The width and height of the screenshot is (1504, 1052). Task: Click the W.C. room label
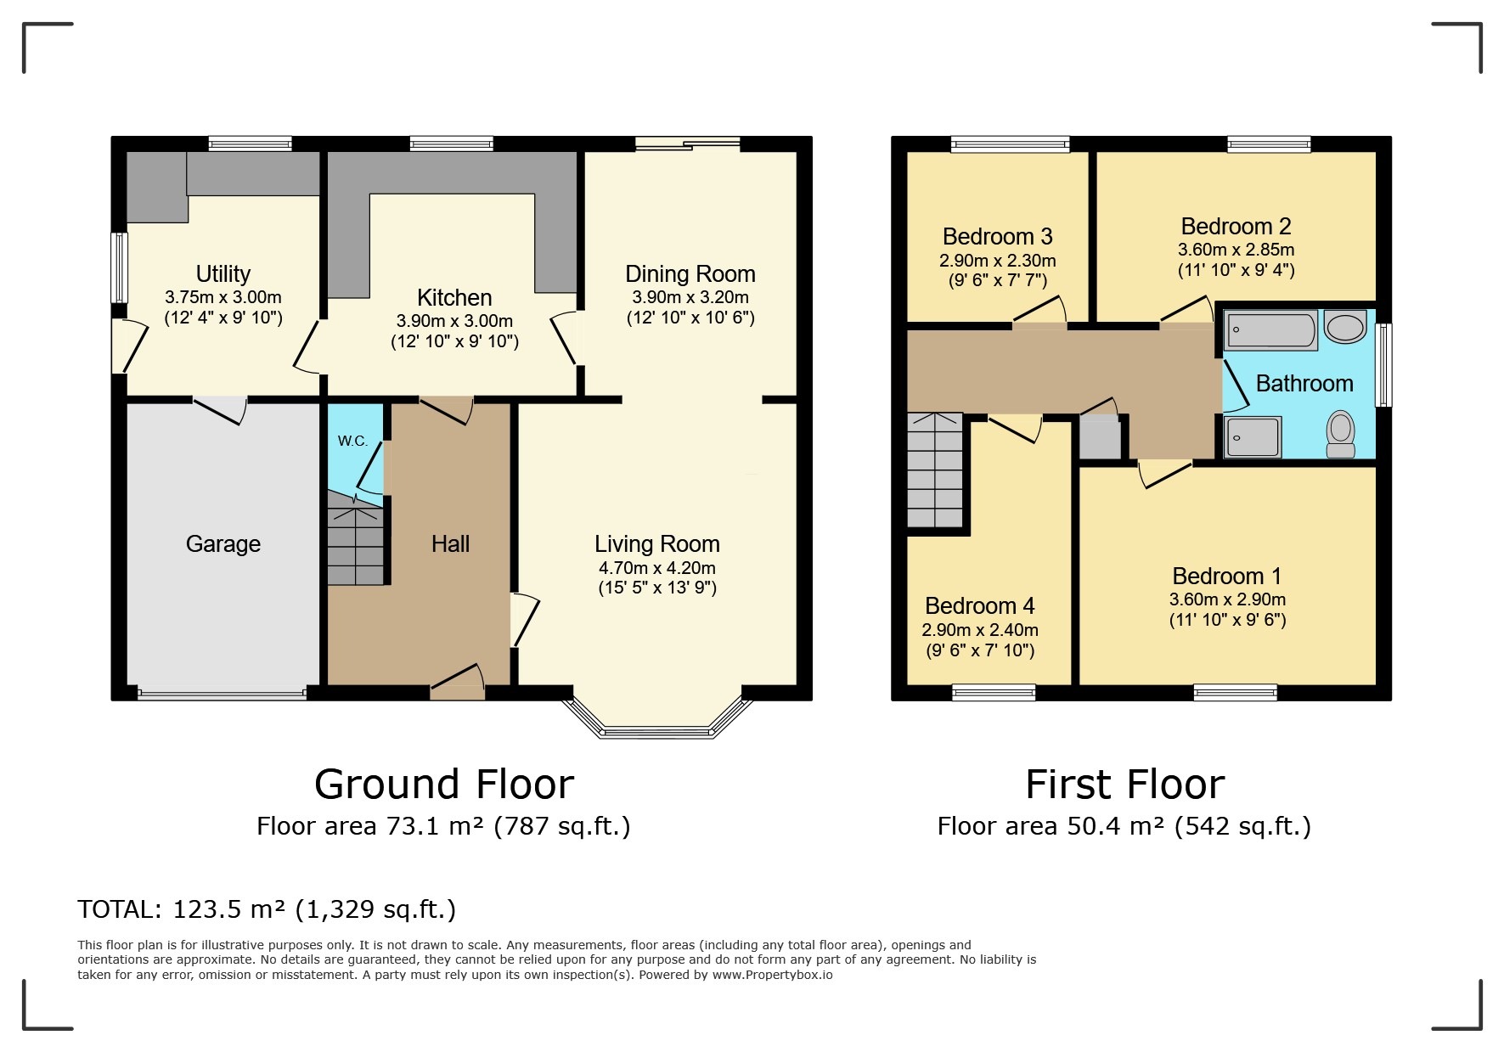click(x=352, y=441)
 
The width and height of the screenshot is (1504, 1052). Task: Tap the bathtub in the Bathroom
click(x=1270, y=330)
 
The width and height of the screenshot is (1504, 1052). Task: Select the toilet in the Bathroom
click(x=1341, y=433)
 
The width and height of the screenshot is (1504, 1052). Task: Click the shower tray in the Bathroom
click(x=1253, y=437)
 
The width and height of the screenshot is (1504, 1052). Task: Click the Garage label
click(x=223, y=543)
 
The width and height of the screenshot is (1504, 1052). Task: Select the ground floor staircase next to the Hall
click(x=355, y=543)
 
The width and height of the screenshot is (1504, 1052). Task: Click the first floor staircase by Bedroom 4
click(x=935, y=470)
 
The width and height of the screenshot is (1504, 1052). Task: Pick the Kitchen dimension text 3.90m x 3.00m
click(x=454, y=322)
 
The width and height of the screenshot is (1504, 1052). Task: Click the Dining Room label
click(x=690, y=274)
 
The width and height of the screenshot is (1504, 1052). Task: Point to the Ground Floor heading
click(x=443, y=784)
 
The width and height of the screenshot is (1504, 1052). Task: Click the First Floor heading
click(x=1124, y=784)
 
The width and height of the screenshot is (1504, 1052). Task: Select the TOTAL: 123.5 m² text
click(x=267, y=909)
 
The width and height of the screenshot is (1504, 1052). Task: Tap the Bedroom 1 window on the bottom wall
click(x=1235, y=693)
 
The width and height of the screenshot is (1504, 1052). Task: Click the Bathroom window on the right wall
click(x=1383, y=364)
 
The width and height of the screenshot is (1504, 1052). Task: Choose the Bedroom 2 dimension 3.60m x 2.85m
click(x=1236, y=250)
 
